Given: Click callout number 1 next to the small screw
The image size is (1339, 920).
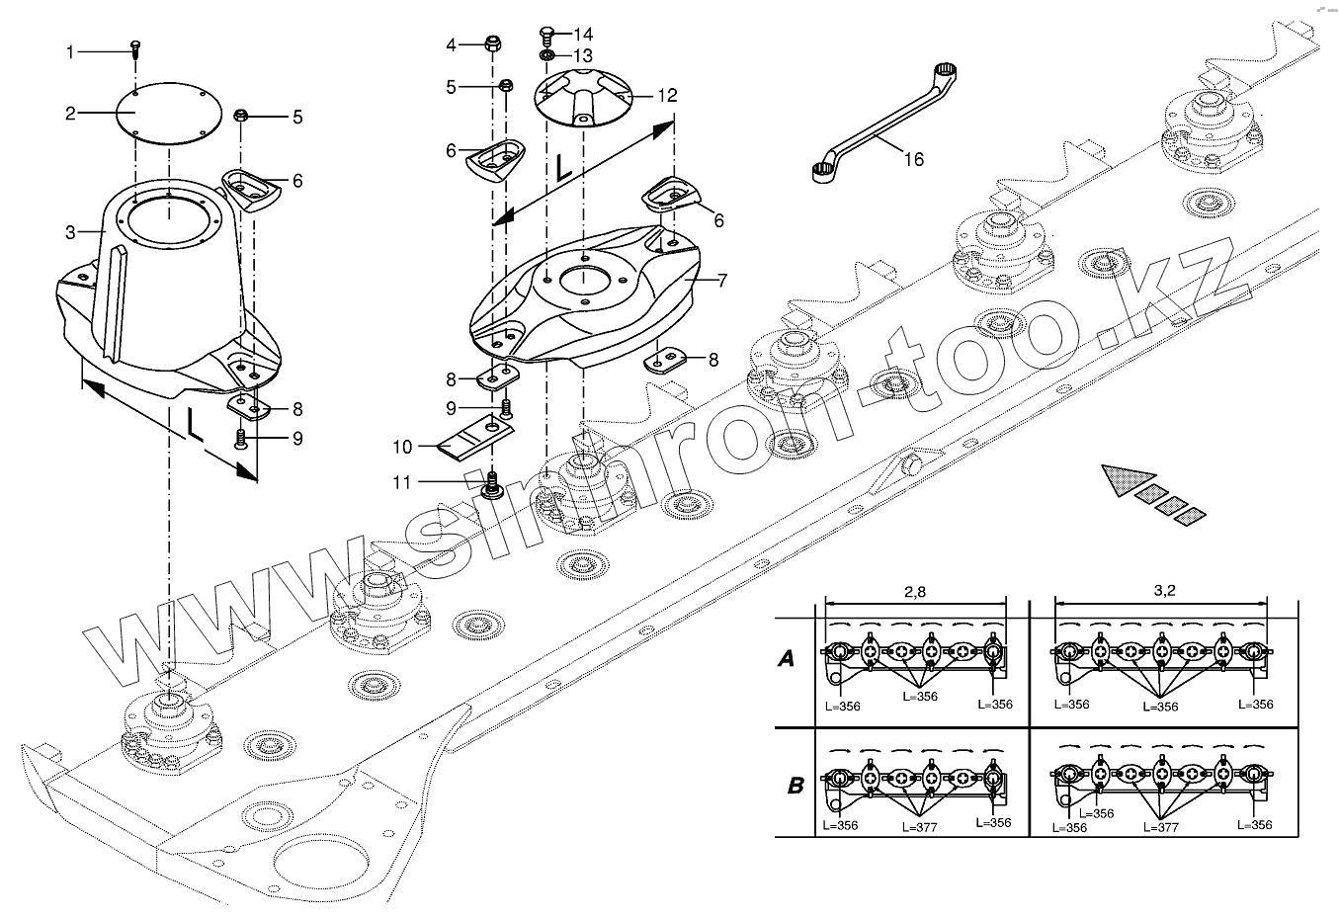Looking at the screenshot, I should [70, 51].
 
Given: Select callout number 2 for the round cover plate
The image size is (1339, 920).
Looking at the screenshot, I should [70, 114].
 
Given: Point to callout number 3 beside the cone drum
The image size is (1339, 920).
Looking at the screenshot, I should [70, 233].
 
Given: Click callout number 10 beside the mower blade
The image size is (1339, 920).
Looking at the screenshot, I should [402, 448].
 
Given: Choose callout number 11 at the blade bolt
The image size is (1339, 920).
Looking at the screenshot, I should [402, 481].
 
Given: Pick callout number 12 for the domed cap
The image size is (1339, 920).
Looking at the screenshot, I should [668, 96].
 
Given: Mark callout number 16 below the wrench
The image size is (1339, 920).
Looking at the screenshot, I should [914, 159].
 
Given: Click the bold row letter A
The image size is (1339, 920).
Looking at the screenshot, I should [787, 659].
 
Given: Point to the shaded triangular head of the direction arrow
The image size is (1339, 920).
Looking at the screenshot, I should [1121, 476].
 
